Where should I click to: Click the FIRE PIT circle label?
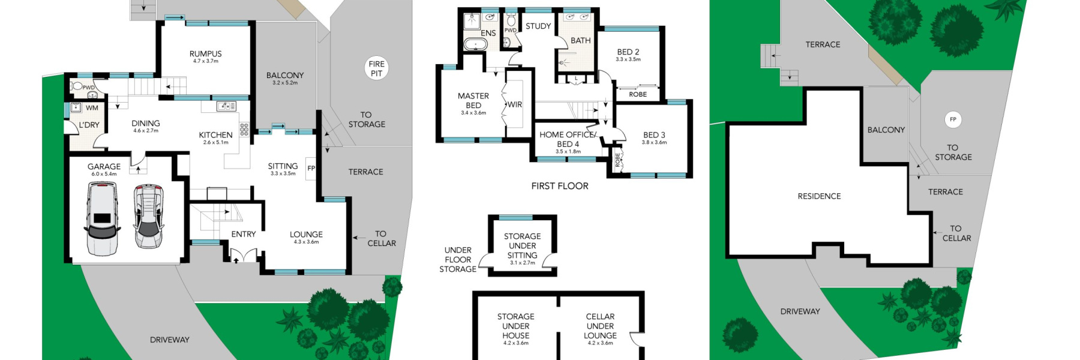point(376,68)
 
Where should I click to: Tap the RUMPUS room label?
point(205,54)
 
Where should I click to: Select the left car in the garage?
point(103,219)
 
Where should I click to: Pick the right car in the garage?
point(148,217)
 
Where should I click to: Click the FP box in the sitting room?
point(311,169)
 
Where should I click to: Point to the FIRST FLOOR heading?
point(559,186)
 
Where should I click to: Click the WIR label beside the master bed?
point(514,104)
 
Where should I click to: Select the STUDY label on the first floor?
point(538,26)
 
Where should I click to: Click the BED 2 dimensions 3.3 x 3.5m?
point(628,59)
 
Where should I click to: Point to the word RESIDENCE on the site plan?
point(819,196)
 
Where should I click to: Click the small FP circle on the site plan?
point(953,119)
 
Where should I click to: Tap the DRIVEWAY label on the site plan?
point(800,311)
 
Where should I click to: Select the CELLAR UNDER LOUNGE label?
point(600,326)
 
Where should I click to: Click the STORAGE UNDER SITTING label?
point(522,246)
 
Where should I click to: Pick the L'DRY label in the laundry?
point(89,125)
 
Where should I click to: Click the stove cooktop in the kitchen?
point(244,129)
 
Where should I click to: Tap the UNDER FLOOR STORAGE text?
point(458,260)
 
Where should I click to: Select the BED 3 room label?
point(654,135)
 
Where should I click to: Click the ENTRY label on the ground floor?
point(243,234)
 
